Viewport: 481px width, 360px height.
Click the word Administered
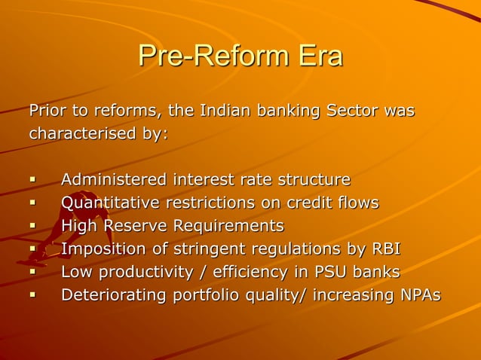pos(114,180)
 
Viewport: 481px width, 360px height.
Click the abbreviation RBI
pos(386,249)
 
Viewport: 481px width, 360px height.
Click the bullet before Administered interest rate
pos(32,181)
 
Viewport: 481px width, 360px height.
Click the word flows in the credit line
pos(357,203)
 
